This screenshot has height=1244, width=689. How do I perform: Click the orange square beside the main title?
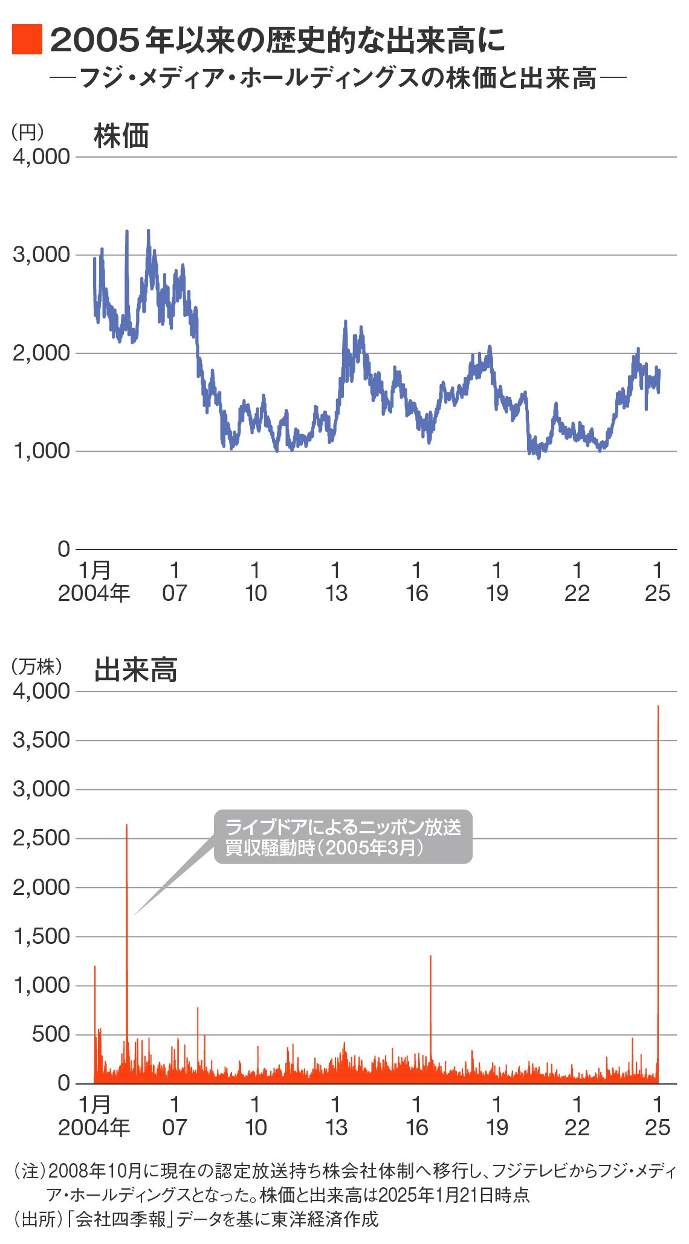pyautogui.click(x=27, y=40)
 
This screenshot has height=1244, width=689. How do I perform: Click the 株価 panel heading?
pyautogui.click(x=121, y=136)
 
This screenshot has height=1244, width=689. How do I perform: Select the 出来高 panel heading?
pyautogui.click(x=135, y=670)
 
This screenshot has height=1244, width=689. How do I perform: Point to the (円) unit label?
pyautogui.click(x=28, y=132)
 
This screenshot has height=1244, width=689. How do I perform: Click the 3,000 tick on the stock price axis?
pyautogui.click(x=41, y=254)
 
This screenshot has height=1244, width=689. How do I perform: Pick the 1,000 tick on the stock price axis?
pyautogui.click(x=41, y=450)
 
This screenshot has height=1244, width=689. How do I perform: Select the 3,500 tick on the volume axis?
pyautogui.click(x=41, y=740)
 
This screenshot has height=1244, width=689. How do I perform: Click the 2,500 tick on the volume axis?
pyautogui.click(x=41, y=838)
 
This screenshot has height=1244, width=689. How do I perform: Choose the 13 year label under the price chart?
pyautogui.click(x=336, y=593)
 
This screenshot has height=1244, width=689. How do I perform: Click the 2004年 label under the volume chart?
pyautogui.click(x=94, y=1127)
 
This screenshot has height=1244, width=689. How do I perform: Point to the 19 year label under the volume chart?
pyautogui.click(x=497, y=1127)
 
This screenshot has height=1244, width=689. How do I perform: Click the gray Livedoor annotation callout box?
pyautogui.click(x=343, y=837)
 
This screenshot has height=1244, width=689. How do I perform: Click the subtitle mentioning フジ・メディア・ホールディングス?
pyautogui.click(x=338, y=79)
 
